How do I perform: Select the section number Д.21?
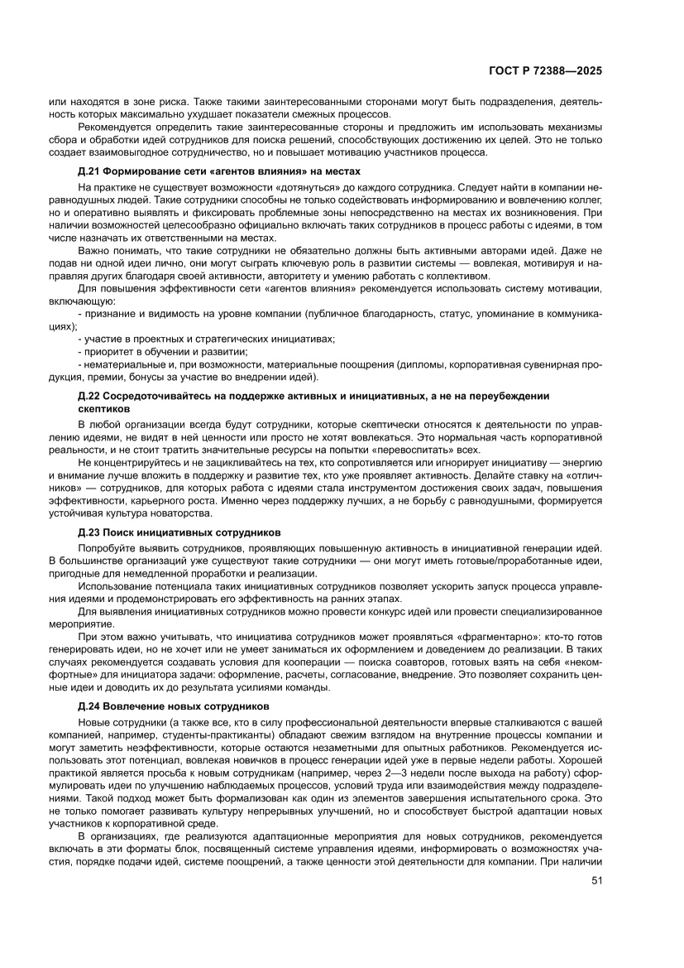[88, 171]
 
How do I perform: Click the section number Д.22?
[88, 397]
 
